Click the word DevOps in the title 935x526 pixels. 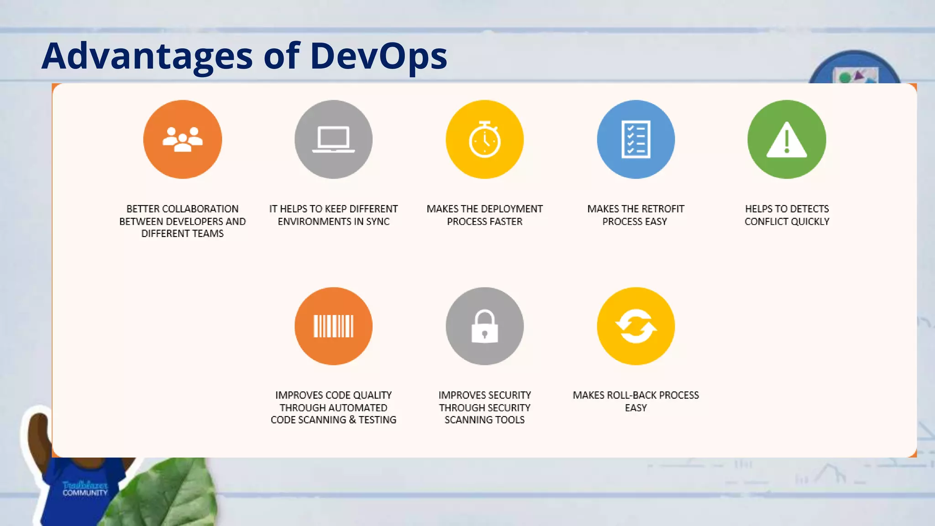[x=378, y=56]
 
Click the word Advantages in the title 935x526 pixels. [x=147, y=56]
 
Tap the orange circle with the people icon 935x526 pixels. [x=183, y=139]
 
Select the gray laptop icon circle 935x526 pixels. [x=333, y=139]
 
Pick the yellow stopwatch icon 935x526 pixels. [x=484, y=139]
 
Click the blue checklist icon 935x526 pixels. [x=636, y=139]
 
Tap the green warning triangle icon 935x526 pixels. [x=787, y=139]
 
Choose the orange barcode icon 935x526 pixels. [x=333, y=326]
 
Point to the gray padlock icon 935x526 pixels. [x=484, y=326]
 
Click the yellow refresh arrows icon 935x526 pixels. [x=636, y=326]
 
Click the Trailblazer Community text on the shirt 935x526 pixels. [x=85, y=489]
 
